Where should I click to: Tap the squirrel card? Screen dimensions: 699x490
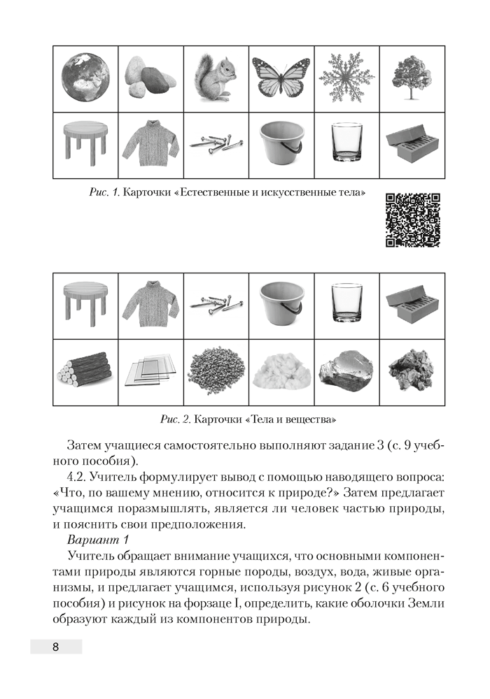[216, 78]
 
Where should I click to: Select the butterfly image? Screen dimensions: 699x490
[281, 78]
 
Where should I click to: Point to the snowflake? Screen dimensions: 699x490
[346, 78]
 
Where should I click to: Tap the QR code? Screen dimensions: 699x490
[413, 219]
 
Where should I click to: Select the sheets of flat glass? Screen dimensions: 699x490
[149, 370]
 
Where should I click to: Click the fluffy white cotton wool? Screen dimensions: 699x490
[281, 370]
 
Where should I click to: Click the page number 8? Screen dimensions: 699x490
[55, 646]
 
